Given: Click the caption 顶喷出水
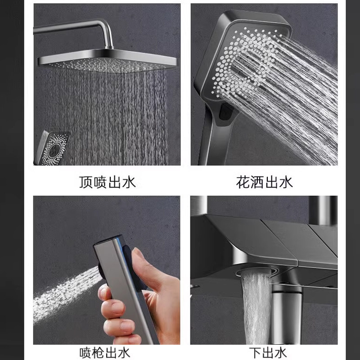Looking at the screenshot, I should pyautogui.click(x=107, y=182).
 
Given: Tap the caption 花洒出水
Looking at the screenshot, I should pyautogui.click(x=264, y=182).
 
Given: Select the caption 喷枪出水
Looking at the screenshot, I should pyautogui.click(x=107, y=352).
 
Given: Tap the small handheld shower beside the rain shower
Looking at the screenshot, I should pyautogui.click(x=55, y=146).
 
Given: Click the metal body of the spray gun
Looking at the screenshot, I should pyautogui.click(x=124, y=292).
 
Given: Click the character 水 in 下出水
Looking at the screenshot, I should pyautogui.click(x=280, y=352).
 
